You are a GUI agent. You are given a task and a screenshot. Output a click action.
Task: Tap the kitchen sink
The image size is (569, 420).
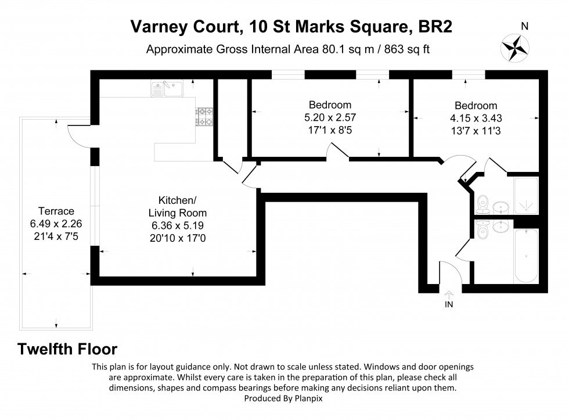point(166,88)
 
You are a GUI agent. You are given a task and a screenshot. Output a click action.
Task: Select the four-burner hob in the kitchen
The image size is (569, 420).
point(205,117)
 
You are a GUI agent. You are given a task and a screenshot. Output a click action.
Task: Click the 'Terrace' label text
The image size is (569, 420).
point(56,211)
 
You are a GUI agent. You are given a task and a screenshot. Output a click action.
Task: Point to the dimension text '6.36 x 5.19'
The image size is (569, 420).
point(177,225)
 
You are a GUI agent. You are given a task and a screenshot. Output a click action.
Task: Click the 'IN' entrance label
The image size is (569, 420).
point(449,304)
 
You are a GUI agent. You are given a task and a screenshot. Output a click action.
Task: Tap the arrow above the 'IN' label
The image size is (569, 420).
point(449,294)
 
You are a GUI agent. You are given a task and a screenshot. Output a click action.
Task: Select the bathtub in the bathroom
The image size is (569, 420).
point(525,256)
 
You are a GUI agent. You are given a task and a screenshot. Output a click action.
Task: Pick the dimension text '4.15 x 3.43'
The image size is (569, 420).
point(476,117)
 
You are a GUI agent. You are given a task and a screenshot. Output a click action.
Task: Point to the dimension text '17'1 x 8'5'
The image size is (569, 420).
point(330,130)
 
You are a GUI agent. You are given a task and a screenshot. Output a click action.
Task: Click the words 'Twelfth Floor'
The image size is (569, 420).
point(67,349)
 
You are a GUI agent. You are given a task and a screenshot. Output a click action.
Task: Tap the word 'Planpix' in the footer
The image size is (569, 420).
point(314,399)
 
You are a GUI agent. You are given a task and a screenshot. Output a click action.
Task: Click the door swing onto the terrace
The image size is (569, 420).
point(77,135)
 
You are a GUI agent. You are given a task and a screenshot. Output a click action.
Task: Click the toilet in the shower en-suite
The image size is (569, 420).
point(481,203)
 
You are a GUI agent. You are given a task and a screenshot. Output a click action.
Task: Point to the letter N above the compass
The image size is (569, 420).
point(524,26)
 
